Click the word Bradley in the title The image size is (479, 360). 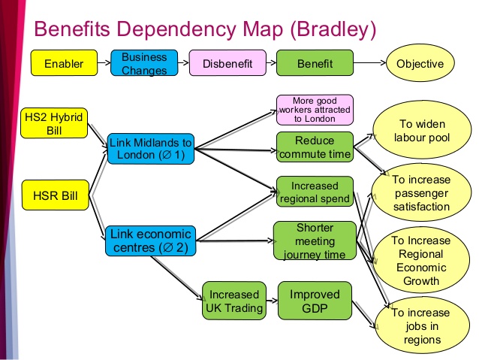click(x=333, y=29)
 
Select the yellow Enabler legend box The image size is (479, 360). click(x=64, y=63)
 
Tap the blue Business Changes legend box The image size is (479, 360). click(x=144, y=63)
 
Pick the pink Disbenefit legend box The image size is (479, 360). click(x=227, y=63)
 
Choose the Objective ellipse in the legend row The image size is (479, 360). click(x=420, y=63)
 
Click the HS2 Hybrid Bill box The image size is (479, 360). click(x=54, y=123)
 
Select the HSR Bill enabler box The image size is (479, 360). click(x=56, y=195)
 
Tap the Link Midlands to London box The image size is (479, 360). click(x=151, y=149)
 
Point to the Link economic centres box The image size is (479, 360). click(x=151, y=241)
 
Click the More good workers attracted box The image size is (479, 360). click(x=315, y=110)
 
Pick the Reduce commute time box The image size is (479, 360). click(x=315, y=147)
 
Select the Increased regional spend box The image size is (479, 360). click(x=315, y=192)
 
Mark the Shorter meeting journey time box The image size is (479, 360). click(x=315, y=241)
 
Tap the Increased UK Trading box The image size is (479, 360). click(x=234, y=301)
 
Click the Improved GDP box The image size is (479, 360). click(x=315, y=301)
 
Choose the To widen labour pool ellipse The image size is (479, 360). click(x=422, y=130)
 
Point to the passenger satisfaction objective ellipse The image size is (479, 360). click(x=421, y=192)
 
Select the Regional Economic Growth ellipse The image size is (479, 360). click(x=421, y=260)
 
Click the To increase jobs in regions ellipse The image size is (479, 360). click(x=422, y=325)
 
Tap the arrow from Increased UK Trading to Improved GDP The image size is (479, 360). click(x=273, y=301)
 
